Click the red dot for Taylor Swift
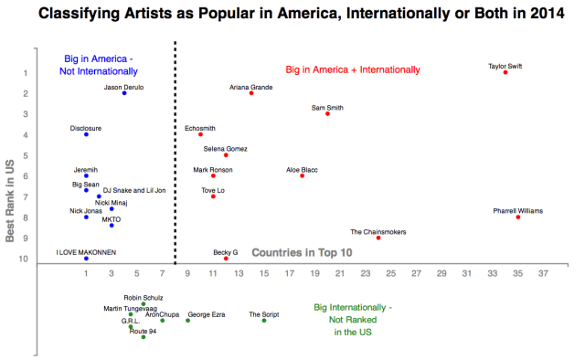[505, 72]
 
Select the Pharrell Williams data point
[518, 217]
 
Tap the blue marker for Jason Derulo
[124, 93]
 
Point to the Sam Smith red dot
[328, 113]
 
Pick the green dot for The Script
[264, 320]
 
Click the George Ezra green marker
[188, 320]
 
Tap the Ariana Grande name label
[251, 87]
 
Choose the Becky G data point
[226, 259]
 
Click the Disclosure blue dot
[86, 134]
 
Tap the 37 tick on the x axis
[543, 272]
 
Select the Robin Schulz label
[143, 298]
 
